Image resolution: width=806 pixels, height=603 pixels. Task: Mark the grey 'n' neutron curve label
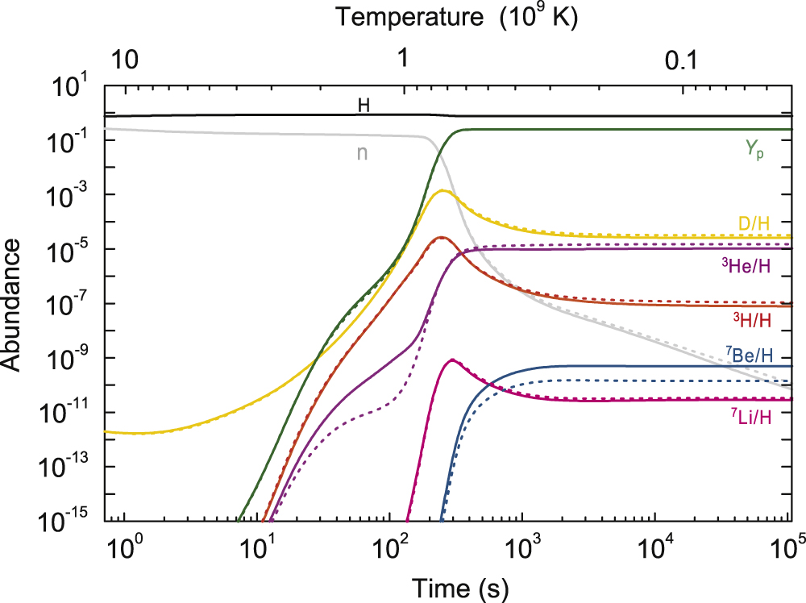click(x=362, y=152)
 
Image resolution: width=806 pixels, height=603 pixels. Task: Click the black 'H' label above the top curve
click(x=364, y=105)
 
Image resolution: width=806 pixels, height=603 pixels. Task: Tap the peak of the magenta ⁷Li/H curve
click(x=452, y=360)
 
